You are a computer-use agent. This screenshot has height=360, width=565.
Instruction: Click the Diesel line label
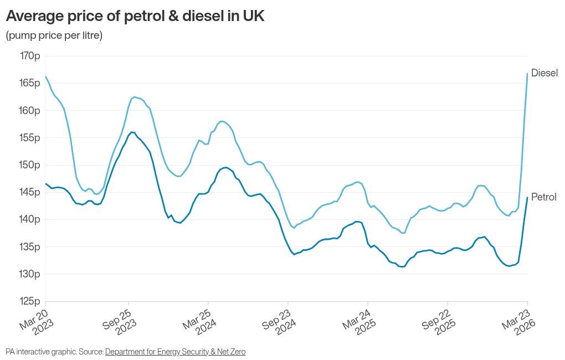tap(544, 73)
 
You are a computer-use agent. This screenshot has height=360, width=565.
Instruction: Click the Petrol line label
tap(543, 197)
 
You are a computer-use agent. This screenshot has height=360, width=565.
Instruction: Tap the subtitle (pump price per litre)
tap(54, 35)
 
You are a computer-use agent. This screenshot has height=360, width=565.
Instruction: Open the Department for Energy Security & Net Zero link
tap(175, 352)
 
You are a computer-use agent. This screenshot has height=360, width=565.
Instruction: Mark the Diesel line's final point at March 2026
tap(527, 74)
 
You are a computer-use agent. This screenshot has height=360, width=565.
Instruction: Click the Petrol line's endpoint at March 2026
tap(527, 197)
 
